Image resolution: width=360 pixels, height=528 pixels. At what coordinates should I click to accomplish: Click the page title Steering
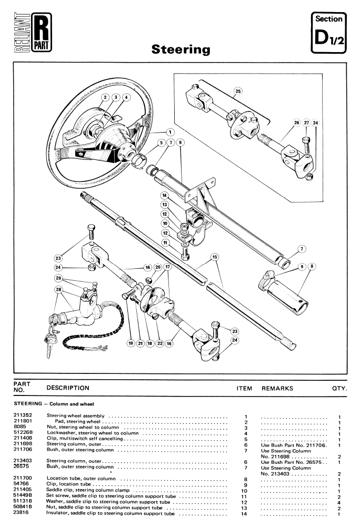tap(181, 49)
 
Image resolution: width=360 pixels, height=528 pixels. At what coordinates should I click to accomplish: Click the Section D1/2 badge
tap(328, 33)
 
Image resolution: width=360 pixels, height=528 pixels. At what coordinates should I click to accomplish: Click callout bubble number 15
tap(215, 258)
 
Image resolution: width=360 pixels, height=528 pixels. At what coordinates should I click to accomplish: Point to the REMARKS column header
tap(278, 388)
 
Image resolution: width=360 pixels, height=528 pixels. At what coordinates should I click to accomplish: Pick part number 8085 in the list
tap(19, 427)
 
